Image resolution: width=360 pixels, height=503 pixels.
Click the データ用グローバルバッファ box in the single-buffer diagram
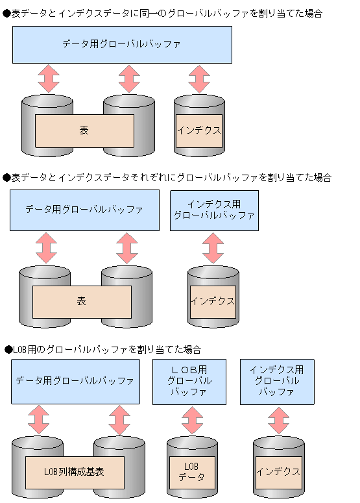click(122, 44)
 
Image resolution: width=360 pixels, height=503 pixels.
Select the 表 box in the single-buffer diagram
click(84, 130)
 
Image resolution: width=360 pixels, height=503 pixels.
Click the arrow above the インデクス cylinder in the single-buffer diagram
click(199, 79)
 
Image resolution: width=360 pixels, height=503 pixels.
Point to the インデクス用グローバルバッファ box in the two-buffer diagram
click(214, 210)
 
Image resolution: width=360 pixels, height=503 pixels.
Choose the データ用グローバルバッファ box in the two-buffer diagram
click(84, 210)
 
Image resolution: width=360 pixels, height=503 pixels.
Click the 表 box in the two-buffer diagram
click(82, 302)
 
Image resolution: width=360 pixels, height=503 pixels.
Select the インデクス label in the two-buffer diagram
click(212, 302)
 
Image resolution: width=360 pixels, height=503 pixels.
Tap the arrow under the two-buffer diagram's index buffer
click(212, 249)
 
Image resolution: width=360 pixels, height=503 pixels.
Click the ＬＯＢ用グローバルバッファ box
click(189, 381)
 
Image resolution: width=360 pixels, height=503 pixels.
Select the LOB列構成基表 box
click(75, 472)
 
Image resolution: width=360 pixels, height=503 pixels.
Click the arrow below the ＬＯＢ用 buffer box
click(192, 421)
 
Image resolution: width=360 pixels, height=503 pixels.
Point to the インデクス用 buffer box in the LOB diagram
click(277, 381)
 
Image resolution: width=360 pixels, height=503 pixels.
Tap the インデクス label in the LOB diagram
click(278, 472)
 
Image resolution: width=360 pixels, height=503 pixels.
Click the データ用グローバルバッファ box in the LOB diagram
click(75, 381)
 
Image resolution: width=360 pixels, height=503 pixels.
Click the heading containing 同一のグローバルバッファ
click(162, 13)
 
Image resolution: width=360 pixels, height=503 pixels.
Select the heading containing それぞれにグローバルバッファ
click(167, 177)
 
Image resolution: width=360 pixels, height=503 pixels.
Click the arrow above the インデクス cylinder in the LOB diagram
click(278, 421)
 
